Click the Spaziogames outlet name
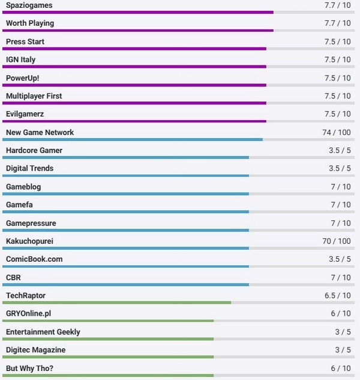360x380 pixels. (x=29, y=5)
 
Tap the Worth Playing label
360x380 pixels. (x=30, y=23)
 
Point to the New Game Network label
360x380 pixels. (x=40, y=132)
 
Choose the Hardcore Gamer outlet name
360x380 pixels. (x=34, y=150)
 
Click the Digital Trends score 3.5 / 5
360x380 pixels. (x=340, y=168)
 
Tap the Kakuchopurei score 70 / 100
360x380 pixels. (x=336, y=241)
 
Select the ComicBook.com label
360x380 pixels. (x=34, y=259)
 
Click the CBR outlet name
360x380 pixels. (x=13, y=277)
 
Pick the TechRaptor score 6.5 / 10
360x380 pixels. (x=338, y=295)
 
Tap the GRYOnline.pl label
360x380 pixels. (x=28, y=313)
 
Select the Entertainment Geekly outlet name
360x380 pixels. (x=43, y=332)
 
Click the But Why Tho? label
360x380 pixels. (x=30, y=368)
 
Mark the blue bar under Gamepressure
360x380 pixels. (x=126, y=230)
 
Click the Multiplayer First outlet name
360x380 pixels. (x=34, y=96)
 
